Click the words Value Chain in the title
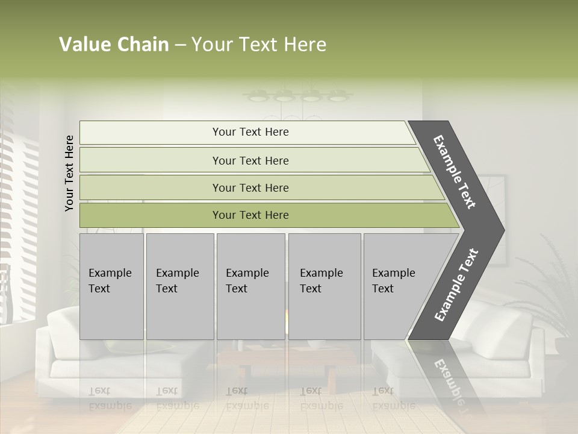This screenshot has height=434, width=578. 114,45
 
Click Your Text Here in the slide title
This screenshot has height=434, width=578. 259,45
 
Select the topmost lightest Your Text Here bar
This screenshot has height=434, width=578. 250,132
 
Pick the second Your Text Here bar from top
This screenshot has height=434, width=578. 250,160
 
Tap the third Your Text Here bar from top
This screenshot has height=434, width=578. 250,187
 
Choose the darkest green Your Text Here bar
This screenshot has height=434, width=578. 250,215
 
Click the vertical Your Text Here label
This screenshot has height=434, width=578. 69,173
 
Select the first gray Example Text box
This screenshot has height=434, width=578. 111,286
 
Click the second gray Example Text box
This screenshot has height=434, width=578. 179,286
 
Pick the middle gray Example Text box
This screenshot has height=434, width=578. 250,286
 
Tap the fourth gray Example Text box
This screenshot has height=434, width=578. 324,286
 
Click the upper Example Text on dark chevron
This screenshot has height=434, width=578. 455,172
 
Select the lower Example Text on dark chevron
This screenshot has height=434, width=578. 456,285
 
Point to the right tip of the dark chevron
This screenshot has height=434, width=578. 503,230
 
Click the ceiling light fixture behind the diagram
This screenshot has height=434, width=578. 299,95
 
